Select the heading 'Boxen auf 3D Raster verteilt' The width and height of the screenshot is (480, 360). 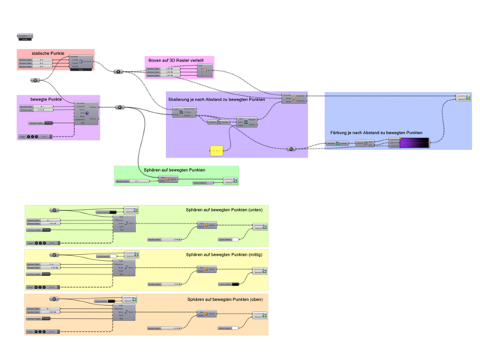click(x=175, y=59)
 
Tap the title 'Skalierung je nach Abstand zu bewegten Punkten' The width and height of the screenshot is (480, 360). click(x=217, y=98)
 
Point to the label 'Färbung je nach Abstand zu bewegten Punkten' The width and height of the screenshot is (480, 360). click(x=376, y=132)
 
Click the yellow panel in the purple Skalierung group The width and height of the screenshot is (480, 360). click(x=216, y=150)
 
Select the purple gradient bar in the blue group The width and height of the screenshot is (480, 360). click(x=413, y=142)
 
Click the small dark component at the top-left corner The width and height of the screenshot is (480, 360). click(x=24, y=35)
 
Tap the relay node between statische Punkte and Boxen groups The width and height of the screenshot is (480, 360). click(x=118, y=72)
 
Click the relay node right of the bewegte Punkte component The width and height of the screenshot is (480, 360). click(x=118, y=107)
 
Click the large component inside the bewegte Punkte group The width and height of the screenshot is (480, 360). click(x=86, y=112)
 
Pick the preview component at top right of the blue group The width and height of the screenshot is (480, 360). click(x=463, y=98)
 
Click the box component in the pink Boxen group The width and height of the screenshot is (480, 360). click(x=204, y=71)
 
